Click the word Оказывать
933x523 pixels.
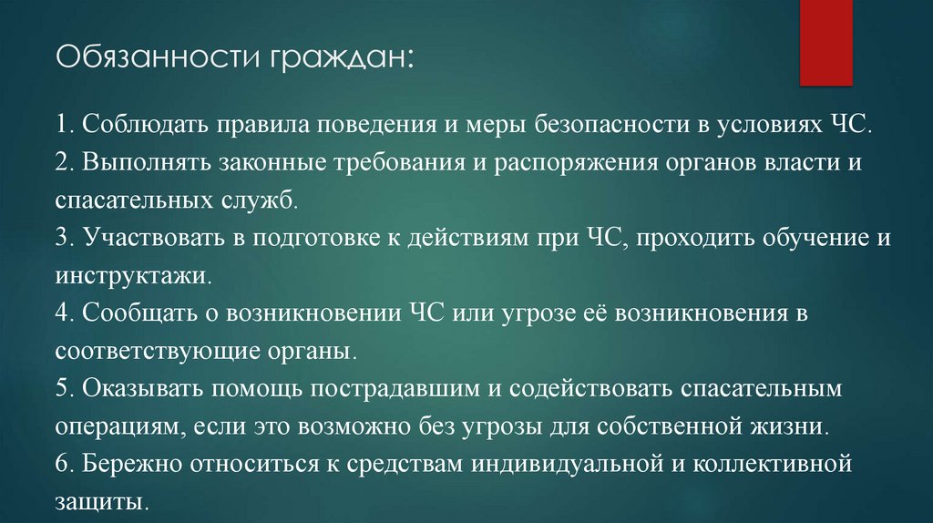(x=139, y=388)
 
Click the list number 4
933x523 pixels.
(x=61, y=313)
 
